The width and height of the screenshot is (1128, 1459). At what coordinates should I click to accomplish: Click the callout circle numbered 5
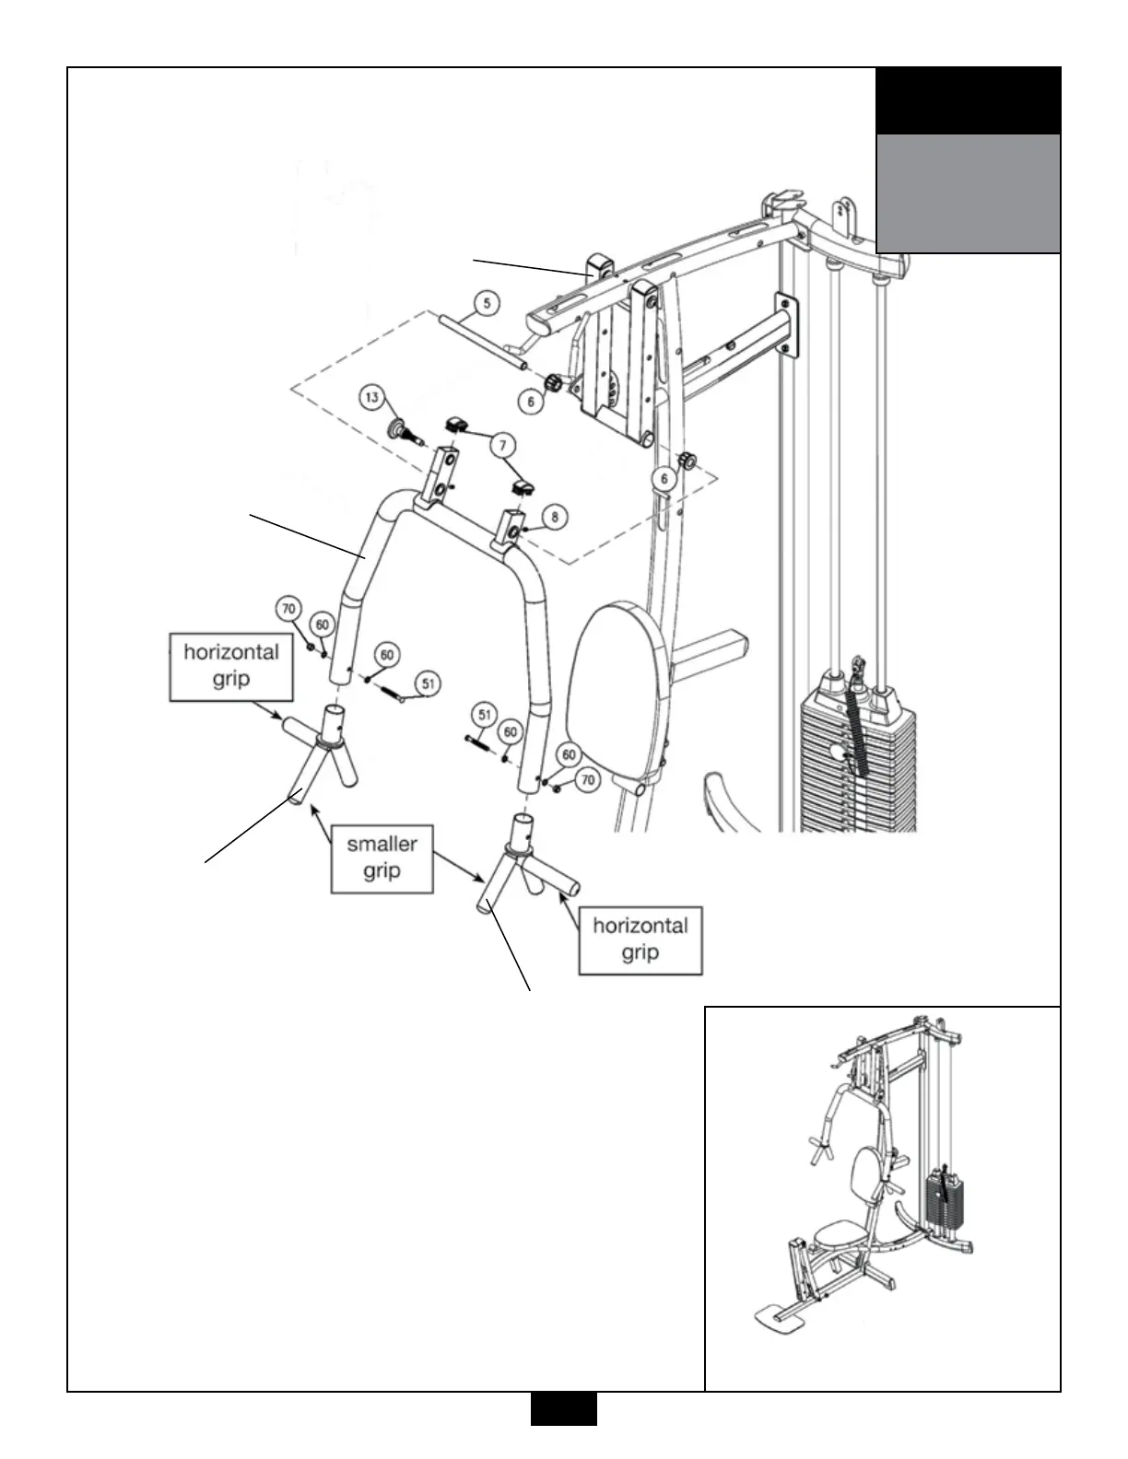coord(488,303)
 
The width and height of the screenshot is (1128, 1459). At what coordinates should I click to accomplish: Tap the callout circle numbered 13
coord(371,398)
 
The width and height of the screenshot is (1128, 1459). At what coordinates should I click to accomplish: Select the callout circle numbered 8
coord(554,518)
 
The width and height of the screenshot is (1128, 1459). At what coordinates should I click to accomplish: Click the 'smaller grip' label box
coord(382,858)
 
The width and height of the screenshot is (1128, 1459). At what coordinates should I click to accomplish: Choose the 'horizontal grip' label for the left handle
coord(231,666)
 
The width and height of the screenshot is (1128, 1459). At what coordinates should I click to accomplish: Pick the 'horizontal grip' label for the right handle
coord(640,940)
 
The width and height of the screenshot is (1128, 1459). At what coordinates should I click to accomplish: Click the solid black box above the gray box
coord(968,100)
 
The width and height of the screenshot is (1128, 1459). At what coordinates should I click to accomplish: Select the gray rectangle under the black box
coord(968,193)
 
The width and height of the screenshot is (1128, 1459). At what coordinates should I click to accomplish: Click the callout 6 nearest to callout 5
coord(530,402)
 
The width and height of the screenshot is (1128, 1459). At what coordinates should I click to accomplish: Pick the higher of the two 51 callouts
coord(428,684)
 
